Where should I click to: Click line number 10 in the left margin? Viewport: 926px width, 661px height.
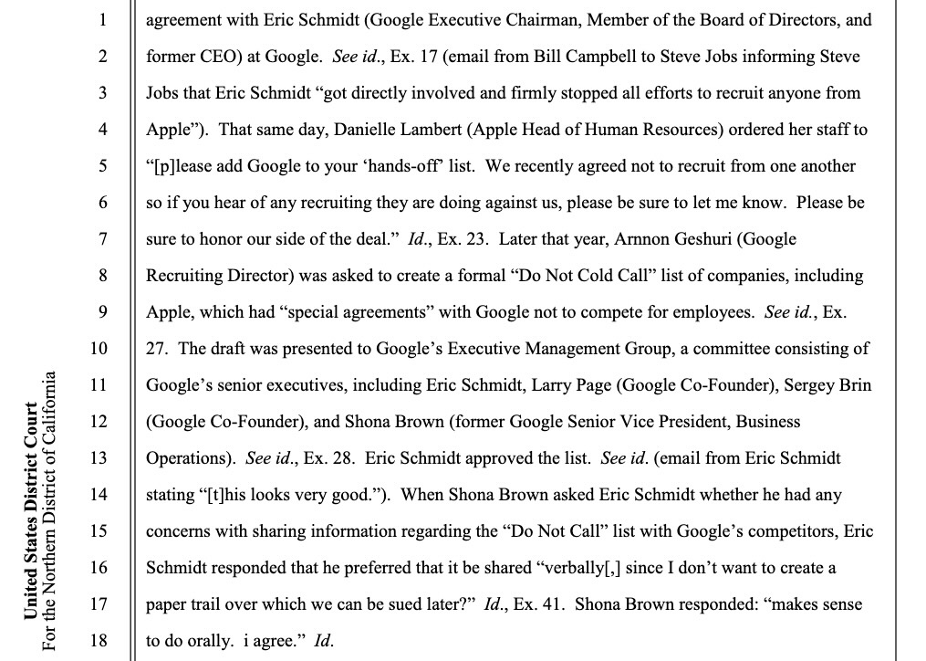[99, 349]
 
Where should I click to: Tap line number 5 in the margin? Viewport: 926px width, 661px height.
[103, 166]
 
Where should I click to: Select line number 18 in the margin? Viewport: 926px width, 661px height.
[99, 641]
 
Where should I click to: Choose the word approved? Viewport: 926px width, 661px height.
[493, 458]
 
